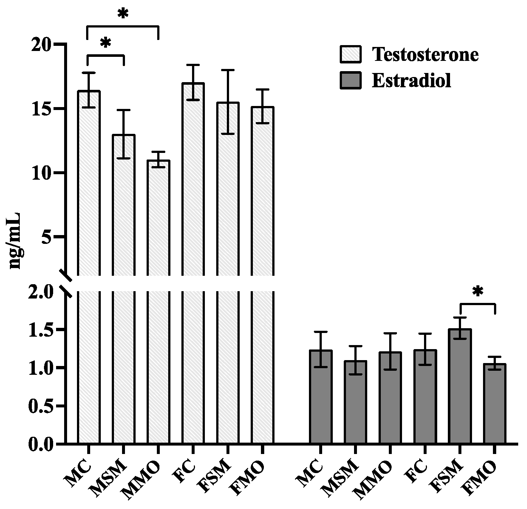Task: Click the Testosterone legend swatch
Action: coord(351,54)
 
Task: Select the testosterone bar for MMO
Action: coord(158,293)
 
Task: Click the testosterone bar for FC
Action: coord(193,257)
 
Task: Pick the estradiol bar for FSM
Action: coord(460,385)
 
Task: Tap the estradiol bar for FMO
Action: coord(494,403)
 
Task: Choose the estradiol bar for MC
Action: coord(321,396)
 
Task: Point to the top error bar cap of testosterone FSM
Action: coord(228,70)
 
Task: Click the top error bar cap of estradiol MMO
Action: coord(390,333)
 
